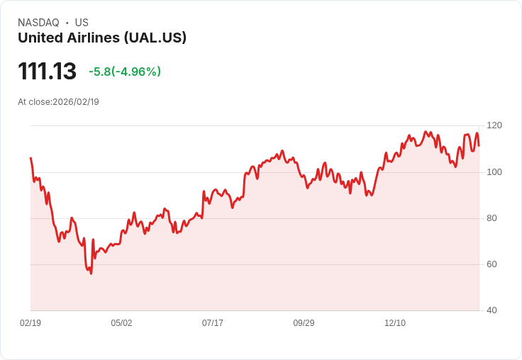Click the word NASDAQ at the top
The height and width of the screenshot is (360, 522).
(38, 23)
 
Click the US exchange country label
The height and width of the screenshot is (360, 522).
(82, 23)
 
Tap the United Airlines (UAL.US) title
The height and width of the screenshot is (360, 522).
(102, 38)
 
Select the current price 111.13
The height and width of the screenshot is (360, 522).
(47, 71)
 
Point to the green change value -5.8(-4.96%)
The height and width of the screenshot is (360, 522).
(125, 72)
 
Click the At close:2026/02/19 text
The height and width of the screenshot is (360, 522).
(58, 102)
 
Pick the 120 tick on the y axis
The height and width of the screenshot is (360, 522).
(494, 125)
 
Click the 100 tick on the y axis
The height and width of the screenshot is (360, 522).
(494, 172)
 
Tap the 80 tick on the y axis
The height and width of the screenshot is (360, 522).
(492, 218)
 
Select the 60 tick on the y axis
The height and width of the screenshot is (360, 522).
(492, 264)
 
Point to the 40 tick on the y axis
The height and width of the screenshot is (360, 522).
(492, 310)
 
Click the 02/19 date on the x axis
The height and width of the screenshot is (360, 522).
(30, 323)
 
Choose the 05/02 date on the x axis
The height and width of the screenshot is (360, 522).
(121, 323)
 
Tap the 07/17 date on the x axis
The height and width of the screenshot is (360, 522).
(213, 323)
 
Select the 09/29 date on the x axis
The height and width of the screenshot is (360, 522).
(304, 323)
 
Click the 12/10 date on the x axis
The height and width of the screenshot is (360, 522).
(395, 323)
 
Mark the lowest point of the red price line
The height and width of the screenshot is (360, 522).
(91, 274)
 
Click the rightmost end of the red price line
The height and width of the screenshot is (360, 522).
(479, 146)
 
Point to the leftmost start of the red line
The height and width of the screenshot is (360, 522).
(30, 158)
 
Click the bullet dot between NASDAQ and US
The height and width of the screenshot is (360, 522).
(67, 23)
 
